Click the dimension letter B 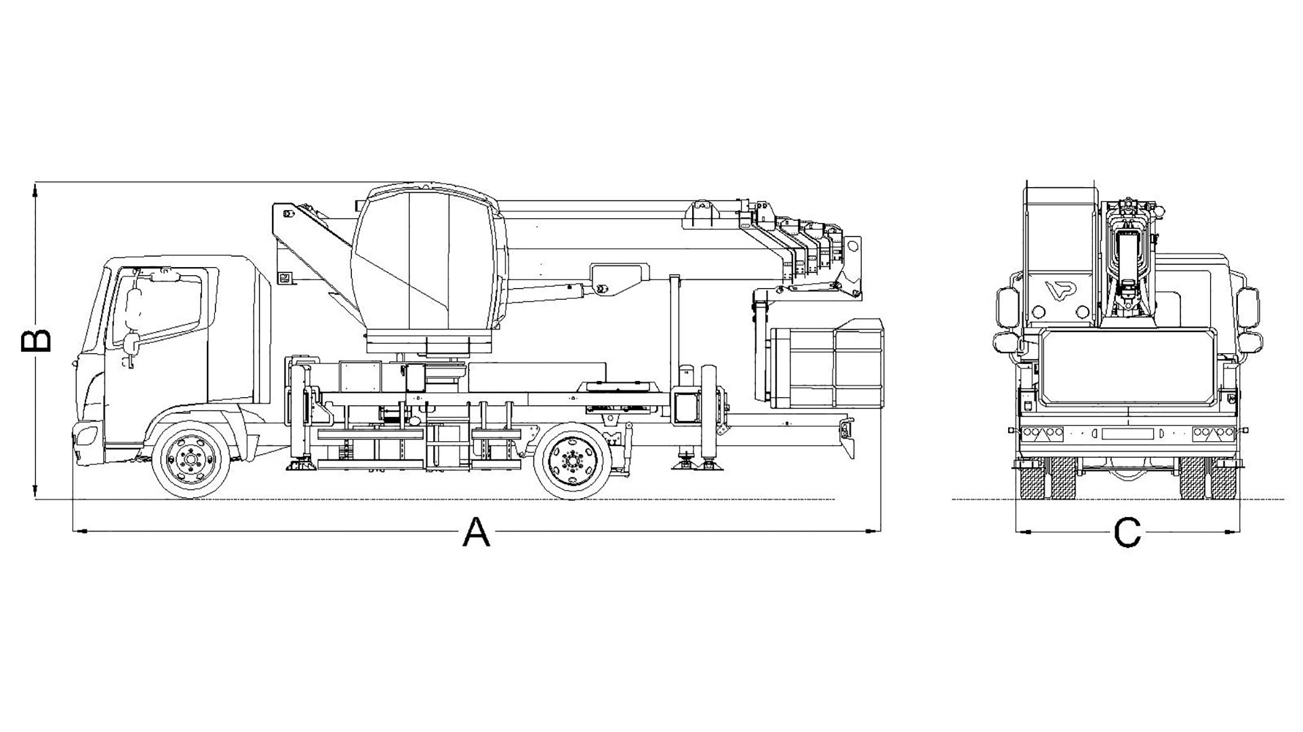coord(36,341)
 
